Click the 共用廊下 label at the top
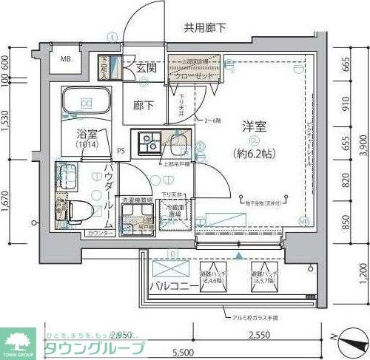tap(204, 27)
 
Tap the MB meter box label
tap(66, 59)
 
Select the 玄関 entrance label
tap(146, 67)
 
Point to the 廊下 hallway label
tap(144, 106)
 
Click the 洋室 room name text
tap(253, 126)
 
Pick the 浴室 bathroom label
tap(87, 135)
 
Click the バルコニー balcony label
tap(175, 285)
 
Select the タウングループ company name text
tap(95, 346)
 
